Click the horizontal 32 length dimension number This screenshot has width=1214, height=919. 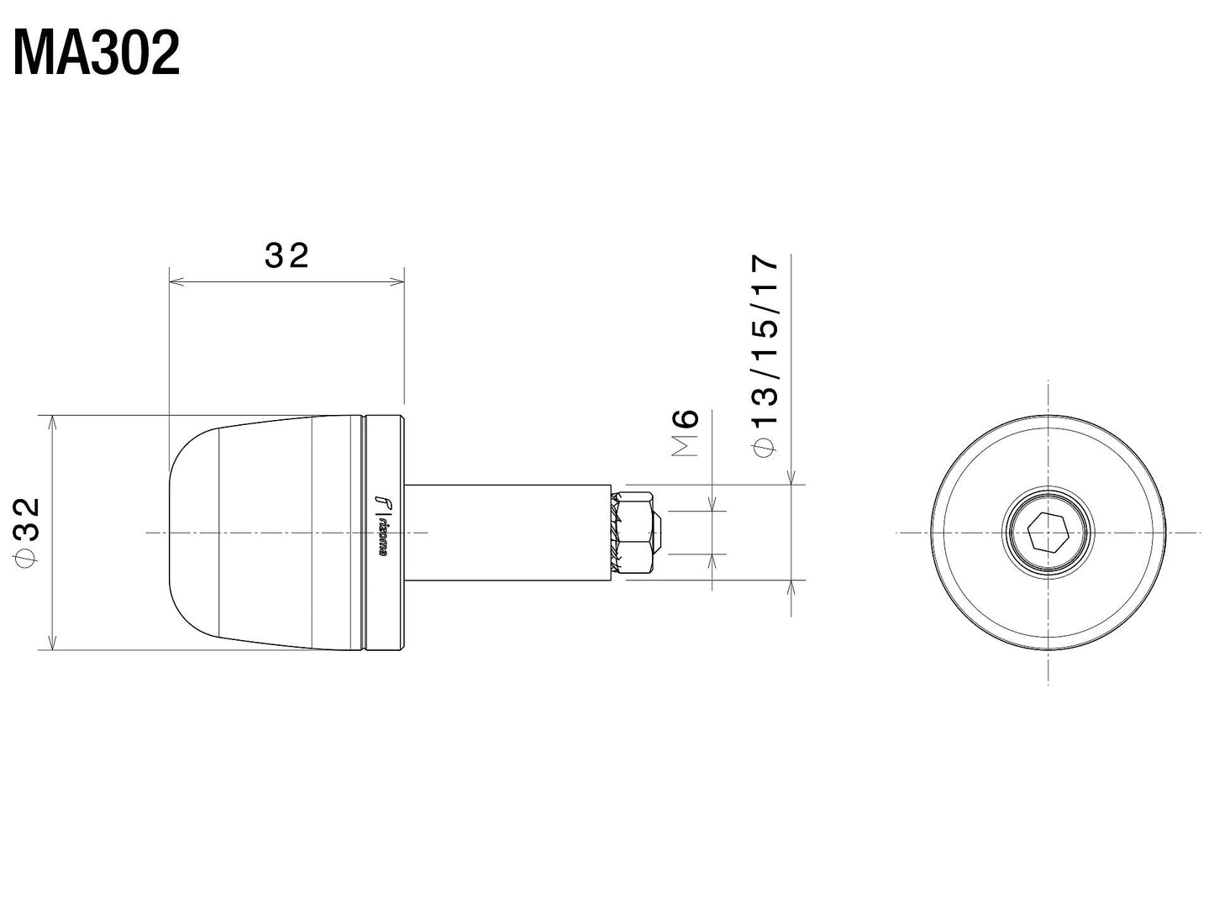click(x=286, y=255)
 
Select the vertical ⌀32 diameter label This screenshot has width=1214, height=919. click(x=27, y=531)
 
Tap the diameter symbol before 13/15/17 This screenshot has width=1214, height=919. click(x=765, y=448)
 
